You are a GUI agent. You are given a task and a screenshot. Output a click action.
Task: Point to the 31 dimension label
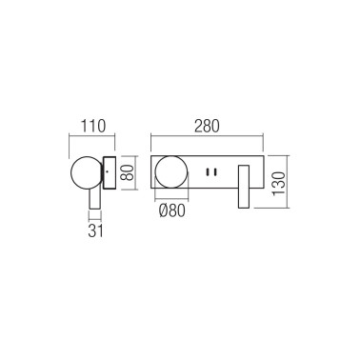click(94, 230)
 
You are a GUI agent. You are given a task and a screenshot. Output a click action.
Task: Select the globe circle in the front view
click(172, 174)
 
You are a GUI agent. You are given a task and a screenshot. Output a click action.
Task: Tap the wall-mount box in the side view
click(110, 174)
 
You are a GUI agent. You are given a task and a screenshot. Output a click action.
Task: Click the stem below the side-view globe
click(94, 201)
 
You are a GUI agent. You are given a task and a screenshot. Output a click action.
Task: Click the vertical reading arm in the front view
click(245, 187)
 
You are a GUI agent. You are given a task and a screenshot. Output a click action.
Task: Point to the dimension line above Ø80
click(172, 200)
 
